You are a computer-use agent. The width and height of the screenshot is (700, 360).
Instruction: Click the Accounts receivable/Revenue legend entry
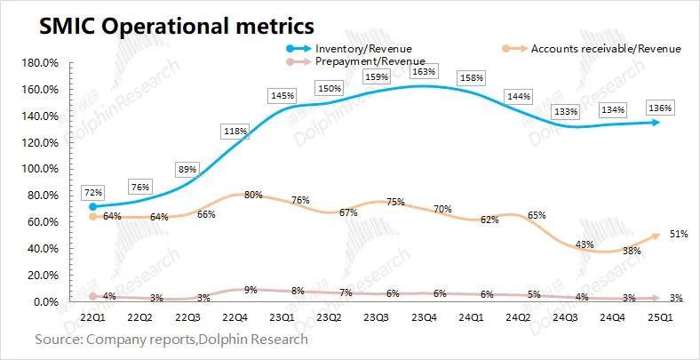[x=605, y=48]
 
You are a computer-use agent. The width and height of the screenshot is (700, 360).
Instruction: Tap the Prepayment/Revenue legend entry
[x=370, y=60]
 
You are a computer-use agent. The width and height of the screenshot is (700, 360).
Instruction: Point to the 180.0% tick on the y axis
[x=39, y=63]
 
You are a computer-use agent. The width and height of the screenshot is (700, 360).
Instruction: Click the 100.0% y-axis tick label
[x=39, y=169]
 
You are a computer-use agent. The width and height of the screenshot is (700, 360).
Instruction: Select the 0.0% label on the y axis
[x=44, y=302]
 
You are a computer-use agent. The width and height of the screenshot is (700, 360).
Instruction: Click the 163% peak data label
[x=425, y=71]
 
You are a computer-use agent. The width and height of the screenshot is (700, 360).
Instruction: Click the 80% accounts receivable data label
[x=253, y=195]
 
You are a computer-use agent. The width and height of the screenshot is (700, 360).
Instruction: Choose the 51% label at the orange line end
[x=678, y=234]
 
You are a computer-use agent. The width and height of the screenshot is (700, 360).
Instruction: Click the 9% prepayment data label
[x=252, y=289]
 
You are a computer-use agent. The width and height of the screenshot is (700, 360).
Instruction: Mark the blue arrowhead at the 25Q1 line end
[x=655, y=122]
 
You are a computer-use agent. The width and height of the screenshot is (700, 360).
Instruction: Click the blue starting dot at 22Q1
[x=93, y=206]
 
